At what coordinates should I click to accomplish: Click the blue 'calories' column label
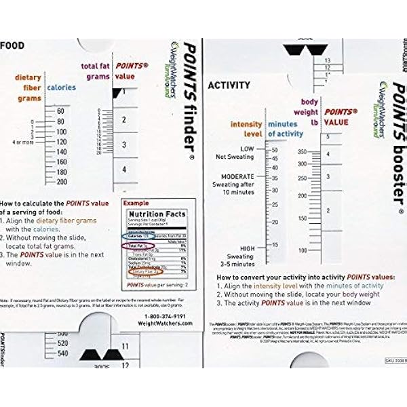[x=61, y=87]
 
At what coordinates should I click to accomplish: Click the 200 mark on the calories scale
[x=61, y=182]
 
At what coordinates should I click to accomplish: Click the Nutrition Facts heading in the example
[x=158, y=213]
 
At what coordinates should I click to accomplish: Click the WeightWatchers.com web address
[x=166, y=324]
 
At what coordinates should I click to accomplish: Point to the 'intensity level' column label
[x=245, y=129]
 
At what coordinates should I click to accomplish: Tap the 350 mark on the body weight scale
[x=303, y=153]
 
